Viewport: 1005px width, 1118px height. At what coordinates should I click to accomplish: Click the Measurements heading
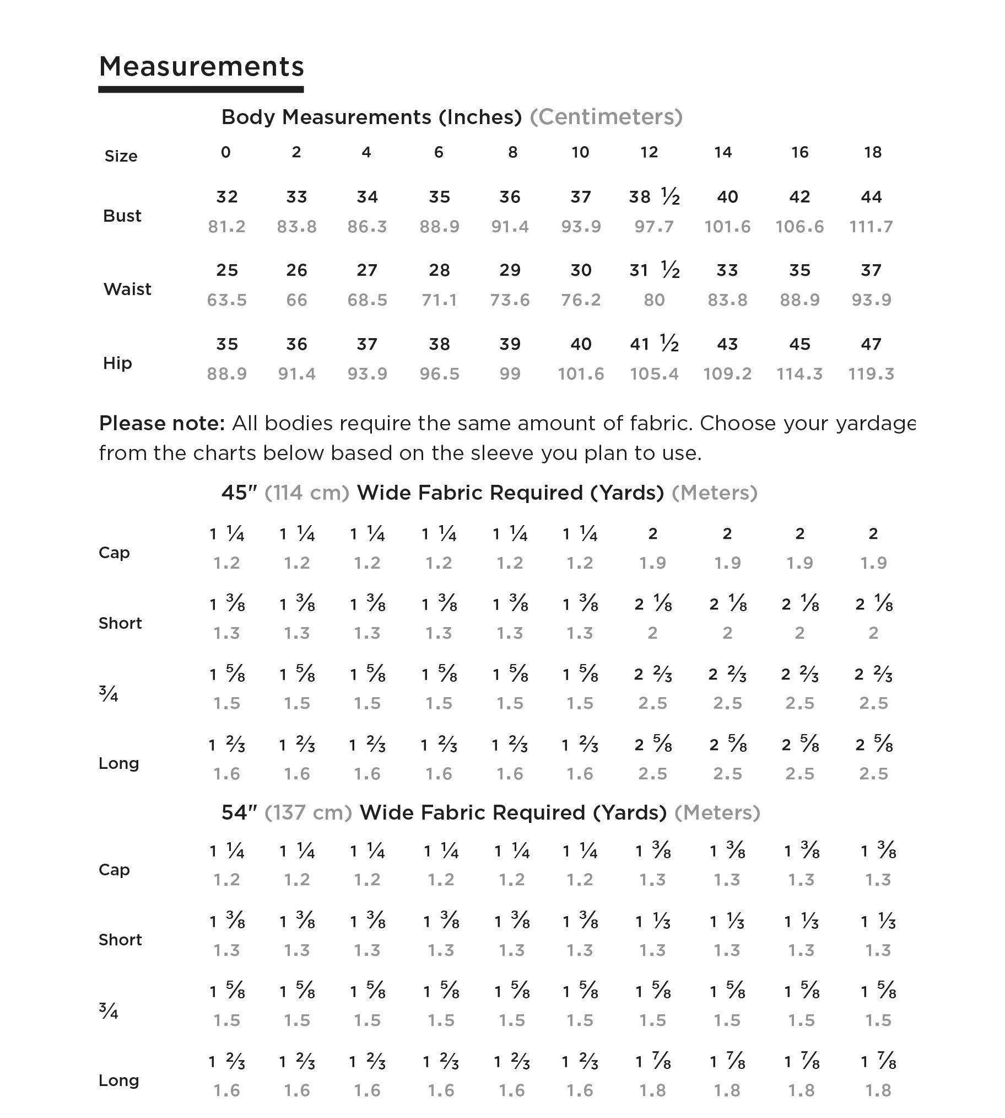(201, 67)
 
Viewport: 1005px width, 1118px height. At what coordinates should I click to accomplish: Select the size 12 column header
(649, 153)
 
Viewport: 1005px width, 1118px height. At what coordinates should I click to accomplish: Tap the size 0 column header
(226, 153)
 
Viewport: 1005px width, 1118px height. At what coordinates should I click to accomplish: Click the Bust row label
(122, 216)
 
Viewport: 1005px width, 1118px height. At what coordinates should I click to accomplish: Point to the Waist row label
(127, 289)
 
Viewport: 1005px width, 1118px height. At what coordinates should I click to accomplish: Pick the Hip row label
(117, 363)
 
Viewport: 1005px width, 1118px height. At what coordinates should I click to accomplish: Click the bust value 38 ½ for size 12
(654, 197)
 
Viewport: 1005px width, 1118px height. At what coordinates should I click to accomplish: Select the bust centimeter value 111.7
(871, 227)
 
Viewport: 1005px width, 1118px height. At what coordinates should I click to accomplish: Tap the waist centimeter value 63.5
(226, 300)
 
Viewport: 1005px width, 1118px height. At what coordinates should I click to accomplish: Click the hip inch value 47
(871, 344)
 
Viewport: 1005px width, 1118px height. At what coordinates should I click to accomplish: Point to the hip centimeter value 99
(510, 374)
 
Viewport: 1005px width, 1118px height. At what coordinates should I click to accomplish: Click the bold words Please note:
(162, 424)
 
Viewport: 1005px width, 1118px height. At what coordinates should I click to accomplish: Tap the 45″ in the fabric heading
(239, 493)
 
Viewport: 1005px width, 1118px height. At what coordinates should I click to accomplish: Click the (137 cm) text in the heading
(308, 812)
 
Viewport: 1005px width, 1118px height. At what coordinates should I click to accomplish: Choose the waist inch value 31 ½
(654, 270)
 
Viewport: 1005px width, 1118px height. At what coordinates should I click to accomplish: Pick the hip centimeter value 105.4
(654, 374)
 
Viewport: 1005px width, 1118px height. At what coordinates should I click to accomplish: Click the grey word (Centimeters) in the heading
(606, 117)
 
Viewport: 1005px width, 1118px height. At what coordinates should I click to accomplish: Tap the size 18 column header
(872, 153)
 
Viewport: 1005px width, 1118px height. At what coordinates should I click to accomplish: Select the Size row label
(121, 157)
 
